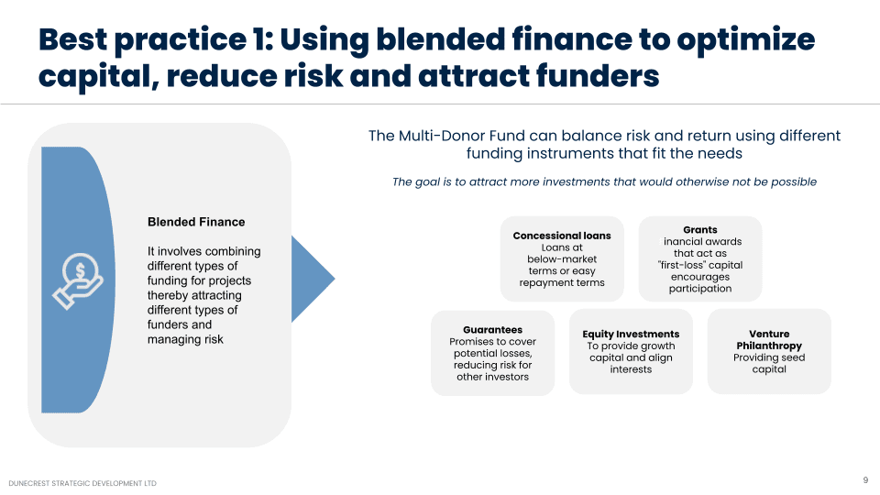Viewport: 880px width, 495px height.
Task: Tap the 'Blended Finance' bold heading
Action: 196,222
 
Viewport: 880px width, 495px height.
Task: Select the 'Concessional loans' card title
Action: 562,236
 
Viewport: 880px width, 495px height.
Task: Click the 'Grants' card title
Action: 700,230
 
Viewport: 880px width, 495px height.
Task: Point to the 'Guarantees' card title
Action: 493,330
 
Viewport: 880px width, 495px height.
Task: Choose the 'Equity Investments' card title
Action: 631,334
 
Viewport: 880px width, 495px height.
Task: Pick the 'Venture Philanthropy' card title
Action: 769,340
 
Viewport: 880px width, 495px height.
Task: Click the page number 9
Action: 865,480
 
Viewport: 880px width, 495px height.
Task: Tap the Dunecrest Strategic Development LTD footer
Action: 82,483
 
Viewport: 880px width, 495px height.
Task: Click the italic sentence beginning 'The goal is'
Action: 604,181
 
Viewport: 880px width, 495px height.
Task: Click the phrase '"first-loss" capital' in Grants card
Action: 700,265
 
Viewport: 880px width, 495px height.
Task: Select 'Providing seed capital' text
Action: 769,363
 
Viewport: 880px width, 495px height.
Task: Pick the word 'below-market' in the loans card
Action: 562,259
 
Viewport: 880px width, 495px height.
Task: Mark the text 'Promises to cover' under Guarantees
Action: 493,342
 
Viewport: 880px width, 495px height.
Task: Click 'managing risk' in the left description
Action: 185,339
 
